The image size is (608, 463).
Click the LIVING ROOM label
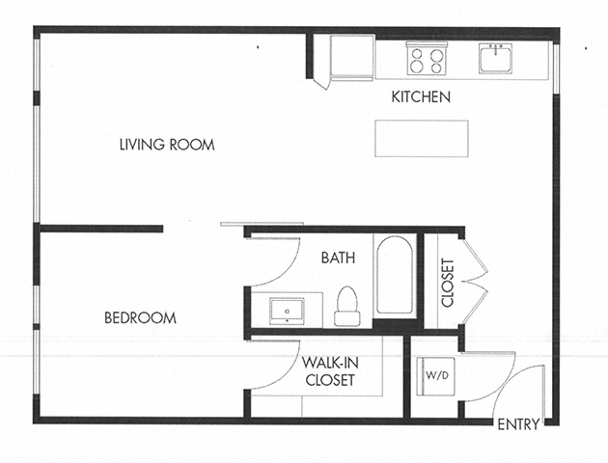pyautogui.click(x=166, y=145)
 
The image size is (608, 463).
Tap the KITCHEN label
pyautogui.click(x=421, y=97)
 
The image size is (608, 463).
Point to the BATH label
pyautogui.click(x=338, y=259)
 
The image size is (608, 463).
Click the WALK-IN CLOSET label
pyautogui.click(x=328, y=371)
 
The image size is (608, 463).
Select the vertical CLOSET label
pyautogui.click(x=447, y=283)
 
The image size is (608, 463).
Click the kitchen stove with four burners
pyautogui.click(x=426, y=60)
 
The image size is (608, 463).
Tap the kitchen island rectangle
pyautogui.click(x=422, y=138)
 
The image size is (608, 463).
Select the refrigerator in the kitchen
pyautogui.click(x=349, y=58)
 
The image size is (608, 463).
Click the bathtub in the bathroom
pyautogui.click(x=396, y=275)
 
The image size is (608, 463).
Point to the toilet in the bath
pyautogui.click(x=345, y=306)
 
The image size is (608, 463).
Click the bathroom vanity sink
pyautogui.click(x=288, y=312)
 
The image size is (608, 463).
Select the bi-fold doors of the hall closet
pyautogui.click(x=476, y=280)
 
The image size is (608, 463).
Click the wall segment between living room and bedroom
pyautogui.click(x=100, y=230)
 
